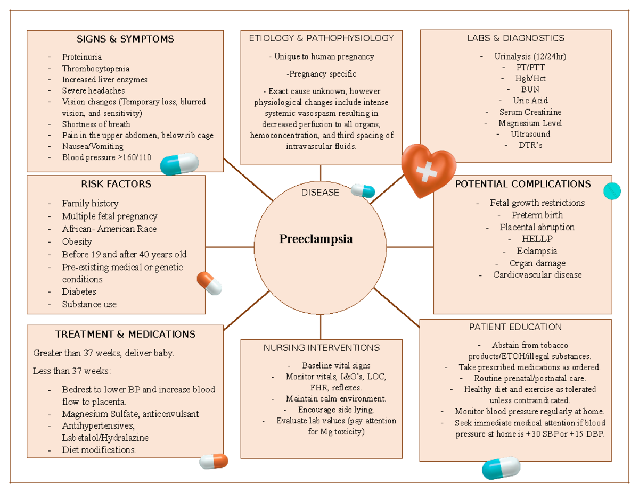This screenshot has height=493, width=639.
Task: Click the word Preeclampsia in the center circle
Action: click(x=316, y=239)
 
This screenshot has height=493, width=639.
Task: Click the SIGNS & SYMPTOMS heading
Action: click(x=125, y=39)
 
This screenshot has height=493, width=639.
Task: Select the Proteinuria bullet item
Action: click(x=81, y=57)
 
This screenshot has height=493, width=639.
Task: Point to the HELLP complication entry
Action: click(x=530, y=239)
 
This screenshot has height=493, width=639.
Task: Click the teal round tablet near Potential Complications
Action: click(x=612, y=190)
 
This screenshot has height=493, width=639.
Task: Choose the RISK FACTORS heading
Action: click(x=116, y=184)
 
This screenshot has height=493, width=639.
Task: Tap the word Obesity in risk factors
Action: click(x=77, y=242)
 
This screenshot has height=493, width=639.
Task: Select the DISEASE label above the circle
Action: click(x=320, y=193)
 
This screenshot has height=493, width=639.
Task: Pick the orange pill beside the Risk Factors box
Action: click(x=209, y=283)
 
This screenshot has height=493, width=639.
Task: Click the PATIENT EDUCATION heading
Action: click(x=515, y=327)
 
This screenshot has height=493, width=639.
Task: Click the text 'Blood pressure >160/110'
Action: click(x=106, y=157)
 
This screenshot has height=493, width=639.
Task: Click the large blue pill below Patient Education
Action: click(x=501, y=467)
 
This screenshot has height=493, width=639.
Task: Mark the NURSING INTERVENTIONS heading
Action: click(x=321, y=348)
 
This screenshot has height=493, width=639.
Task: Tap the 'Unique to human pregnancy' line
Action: click(x=321, y=56)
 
